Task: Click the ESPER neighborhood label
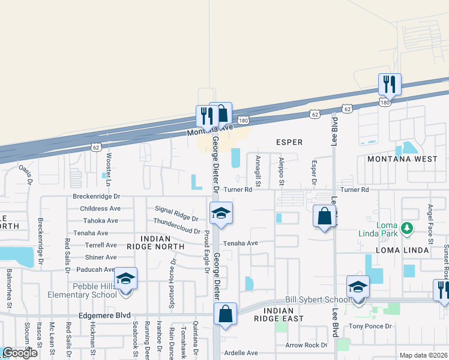(289, 142)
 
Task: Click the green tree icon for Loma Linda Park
(407, 228)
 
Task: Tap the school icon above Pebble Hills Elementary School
(125, 278)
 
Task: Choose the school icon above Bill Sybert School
(358, 287)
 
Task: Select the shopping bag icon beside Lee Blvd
(324, 215)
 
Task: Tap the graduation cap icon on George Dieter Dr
(221, 213)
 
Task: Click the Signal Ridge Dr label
(176, 213)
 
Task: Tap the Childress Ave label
(100, 208)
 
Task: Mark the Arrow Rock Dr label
(306, 345)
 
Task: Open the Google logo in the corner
(20, 353)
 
